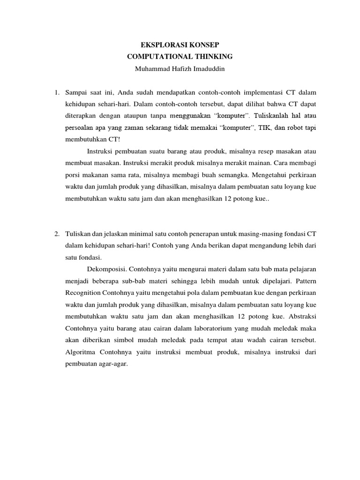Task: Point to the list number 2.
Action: click(x=57, y=233)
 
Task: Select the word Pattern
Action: click(x=305, y=282)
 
